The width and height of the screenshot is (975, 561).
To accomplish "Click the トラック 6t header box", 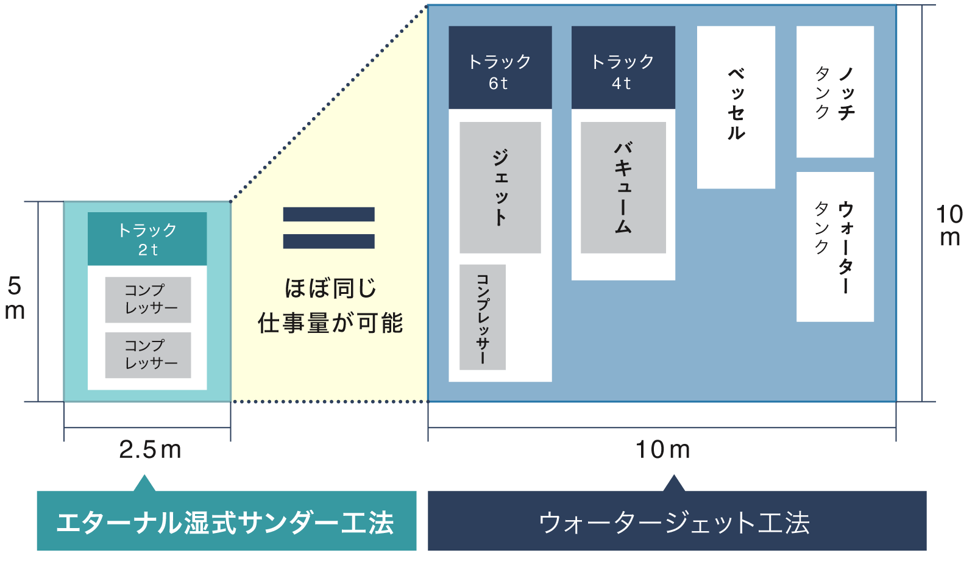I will click(500, 68).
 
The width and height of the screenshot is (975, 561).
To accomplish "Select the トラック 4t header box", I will click(623, 68).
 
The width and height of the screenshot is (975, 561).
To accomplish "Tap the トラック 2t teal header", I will click(147, 239).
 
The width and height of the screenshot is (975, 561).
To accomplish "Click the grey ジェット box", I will click(500, 187).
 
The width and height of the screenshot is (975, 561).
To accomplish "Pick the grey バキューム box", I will click(623, 187).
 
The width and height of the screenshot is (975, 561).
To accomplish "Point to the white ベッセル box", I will click(736, 107).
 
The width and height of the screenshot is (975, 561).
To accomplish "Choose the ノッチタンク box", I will click(835, 91).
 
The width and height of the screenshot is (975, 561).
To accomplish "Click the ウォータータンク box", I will click(835, 246).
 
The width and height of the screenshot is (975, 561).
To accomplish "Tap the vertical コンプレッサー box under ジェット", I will click(482, 317).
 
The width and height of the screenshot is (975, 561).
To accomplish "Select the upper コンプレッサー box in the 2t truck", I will click(148, 299).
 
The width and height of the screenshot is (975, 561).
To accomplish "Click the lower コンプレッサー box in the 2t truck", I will click(148, 355).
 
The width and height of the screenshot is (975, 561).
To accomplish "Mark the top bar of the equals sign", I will click(328, 214).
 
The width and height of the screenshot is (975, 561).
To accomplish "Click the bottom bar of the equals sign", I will click(328, 241).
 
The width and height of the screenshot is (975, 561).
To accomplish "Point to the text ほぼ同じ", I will click(330, 288).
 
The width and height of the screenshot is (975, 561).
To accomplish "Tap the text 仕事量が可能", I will click(330, 323).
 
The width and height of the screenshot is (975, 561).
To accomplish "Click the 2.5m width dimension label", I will click(150, 450).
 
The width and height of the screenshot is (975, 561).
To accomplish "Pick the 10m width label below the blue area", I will click(662, 450).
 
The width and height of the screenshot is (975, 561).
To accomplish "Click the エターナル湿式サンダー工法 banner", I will click(226, 521).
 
